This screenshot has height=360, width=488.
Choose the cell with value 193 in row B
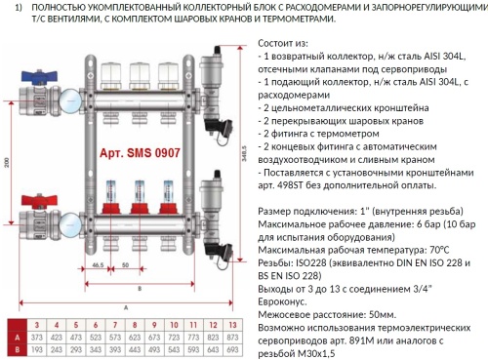pos(35,348)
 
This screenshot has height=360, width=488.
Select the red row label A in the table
pos(14,336)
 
